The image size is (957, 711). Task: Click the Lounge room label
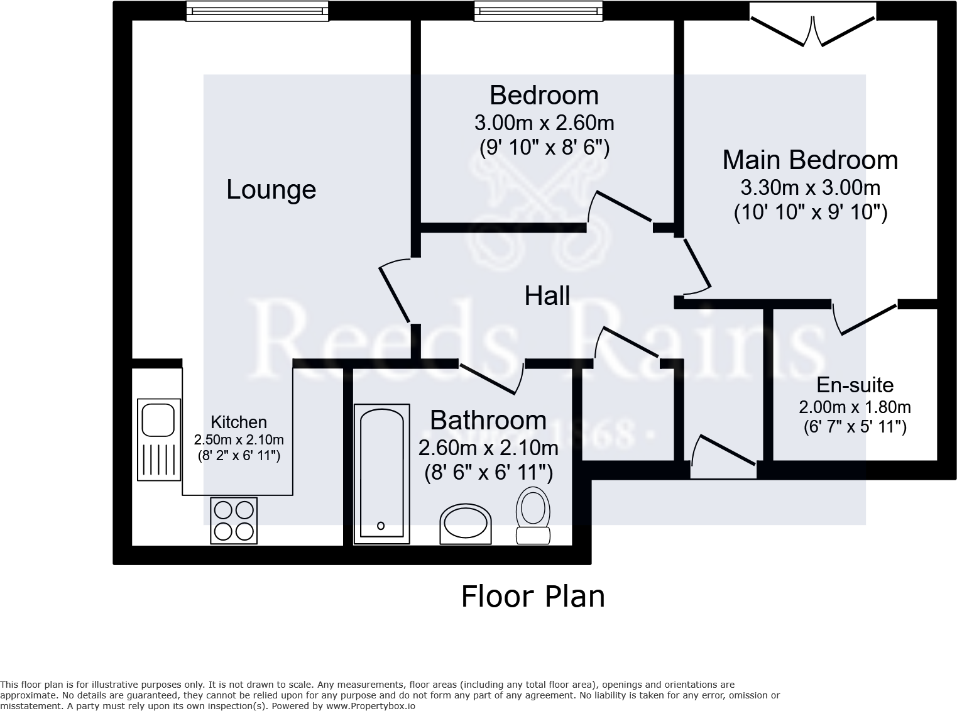coord(271,190)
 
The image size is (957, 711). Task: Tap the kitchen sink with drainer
coord(158,439)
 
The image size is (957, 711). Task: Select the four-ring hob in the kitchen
coord(234,521)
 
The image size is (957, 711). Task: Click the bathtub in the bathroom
coord(381,473)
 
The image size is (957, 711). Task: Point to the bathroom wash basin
coord(465,523)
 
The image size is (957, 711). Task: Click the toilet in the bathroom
coord(533,515)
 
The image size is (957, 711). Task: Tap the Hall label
coord(547,295)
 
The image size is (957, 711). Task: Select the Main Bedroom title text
coord(810,160)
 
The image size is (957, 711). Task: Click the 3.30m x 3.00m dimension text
coord(810,187)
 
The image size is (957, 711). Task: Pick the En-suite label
coord(855,385)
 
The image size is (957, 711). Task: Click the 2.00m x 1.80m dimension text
coord(855,407)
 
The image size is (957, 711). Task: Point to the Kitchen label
coord(239,422)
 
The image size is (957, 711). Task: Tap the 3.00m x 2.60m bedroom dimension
coord(544,122)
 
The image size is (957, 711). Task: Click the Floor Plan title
coord(533,596)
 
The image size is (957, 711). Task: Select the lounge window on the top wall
coord(257,11)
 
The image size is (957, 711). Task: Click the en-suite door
coord(866,318)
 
